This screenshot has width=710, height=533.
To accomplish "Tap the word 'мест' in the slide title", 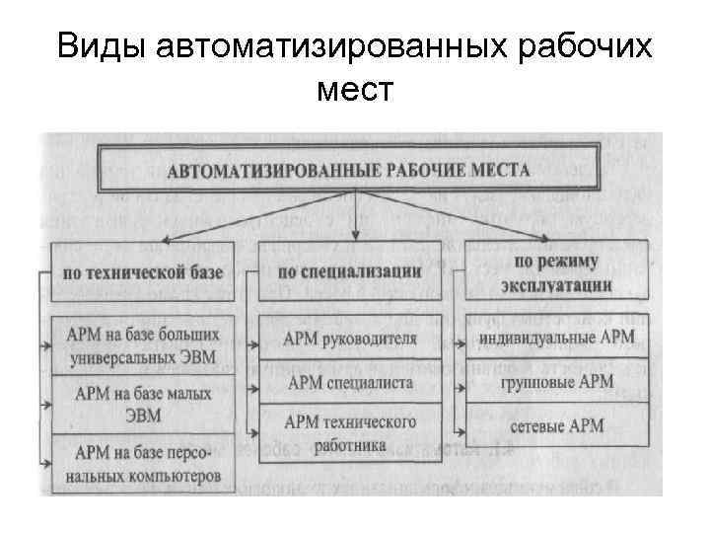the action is point(355,91).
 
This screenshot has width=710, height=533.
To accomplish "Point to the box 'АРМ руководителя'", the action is point(350,339).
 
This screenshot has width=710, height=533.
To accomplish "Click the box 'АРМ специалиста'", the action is point(350,381).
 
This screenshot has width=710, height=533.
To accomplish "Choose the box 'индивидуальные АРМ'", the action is point(557,339).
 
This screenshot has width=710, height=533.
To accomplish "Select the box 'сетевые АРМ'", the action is point(557,425).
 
